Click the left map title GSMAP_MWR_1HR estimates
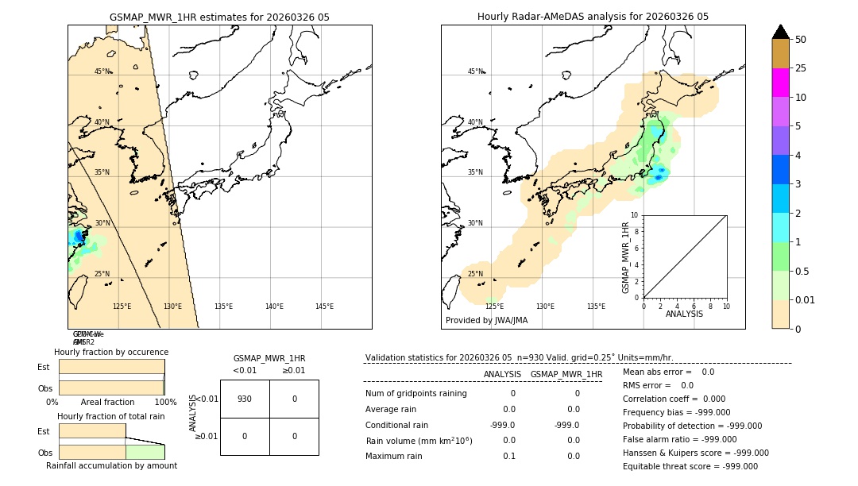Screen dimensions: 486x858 [x=219, y=17]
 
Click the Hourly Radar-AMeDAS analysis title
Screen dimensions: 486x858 [x=593, y=17]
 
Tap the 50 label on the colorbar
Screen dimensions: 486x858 [x=801, y=40]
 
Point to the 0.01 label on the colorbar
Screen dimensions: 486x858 [x=806, y=299]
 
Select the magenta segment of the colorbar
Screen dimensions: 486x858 [x=780, y=83]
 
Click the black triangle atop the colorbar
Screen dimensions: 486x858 [x=780, y=32]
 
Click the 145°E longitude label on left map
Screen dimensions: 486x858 [x=324, y=307]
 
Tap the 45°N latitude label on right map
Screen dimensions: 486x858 [x=475, y=71]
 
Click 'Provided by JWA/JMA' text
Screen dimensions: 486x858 [x=486, y=321]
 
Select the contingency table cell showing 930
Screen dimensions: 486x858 [x=245, y=399]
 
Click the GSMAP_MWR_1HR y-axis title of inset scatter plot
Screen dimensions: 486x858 [x=626, y=257]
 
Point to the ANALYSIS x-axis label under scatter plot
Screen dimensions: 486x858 [x=684, y=314]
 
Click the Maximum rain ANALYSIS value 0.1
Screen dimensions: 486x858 [x=508, y=456]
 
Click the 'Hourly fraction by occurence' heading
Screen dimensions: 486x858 [x=111, y=352]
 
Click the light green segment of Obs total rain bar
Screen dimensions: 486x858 [x=145, y=452]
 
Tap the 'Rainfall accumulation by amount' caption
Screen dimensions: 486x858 [x=111, y=465]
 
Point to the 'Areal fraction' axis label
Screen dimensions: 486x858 [x=107, y=402]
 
